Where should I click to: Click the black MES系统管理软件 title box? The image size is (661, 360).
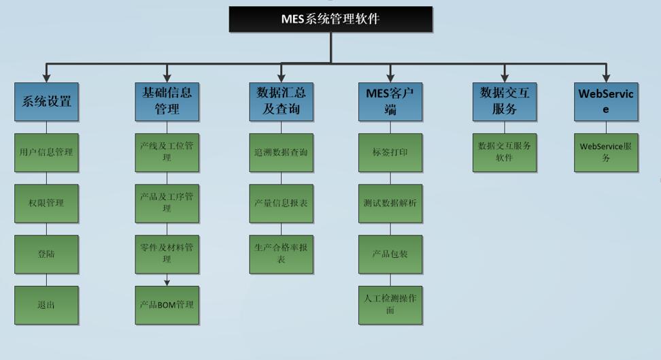(x=330, y=19)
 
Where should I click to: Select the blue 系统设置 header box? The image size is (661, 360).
(x=46, y=102)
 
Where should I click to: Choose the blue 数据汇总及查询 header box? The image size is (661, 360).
(x=281, y=101)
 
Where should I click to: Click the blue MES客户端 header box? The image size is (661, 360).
(x=390, y=101)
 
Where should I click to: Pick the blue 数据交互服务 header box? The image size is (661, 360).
(x=505, y=101)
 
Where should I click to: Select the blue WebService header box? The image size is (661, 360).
(x=606, y=101)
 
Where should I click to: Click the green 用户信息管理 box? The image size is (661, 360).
(x=46, y=152)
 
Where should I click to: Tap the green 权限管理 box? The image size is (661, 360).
(x=46, y=203)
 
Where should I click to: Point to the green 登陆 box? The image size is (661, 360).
(x=46, y=255)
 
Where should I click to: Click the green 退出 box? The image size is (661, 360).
(x=46, y=305)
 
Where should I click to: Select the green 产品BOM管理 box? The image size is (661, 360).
(x=167, y=305)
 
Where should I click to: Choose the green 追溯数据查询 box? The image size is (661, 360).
(x=281, y=152)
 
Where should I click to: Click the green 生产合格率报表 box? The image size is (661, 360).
(x=281, y=255)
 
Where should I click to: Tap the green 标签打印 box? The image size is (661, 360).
(x=390, y=152)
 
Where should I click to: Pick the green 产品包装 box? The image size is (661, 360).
(x=390, y=255)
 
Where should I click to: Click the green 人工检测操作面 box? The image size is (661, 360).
(x=390, y=305)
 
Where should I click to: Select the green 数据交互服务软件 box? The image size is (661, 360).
(x=505, y=152)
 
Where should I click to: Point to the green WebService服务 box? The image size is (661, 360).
(x=606, y=152)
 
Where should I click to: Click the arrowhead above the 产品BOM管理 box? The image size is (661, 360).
(x=167, y=282)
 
